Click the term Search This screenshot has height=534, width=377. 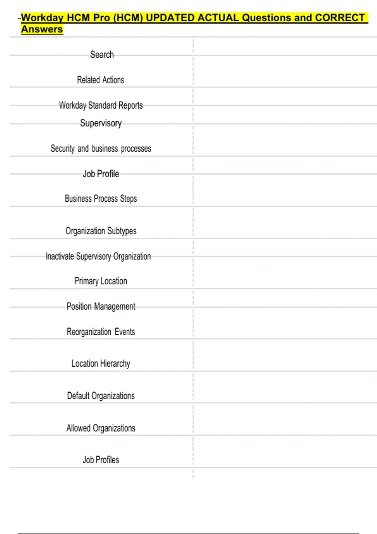(102, 55)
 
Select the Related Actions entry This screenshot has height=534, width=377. (101, 80)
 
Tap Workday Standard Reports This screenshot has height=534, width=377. (101, 105)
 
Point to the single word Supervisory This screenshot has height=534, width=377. (101, 123)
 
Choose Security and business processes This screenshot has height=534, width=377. (101, 149)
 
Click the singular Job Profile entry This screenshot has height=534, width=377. (101, 174)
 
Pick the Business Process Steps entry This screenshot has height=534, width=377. (101, 199)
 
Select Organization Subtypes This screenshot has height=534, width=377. (101, 231)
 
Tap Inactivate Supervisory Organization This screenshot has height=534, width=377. (98, 256)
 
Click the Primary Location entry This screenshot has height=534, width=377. (101, 281)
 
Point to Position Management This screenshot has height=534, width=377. (101, 307)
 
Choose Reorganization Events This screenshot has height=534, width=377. (101, 332)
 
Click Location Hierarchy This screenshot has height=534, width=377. (101, 364)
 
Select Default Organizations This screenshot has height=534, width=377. (101, 396)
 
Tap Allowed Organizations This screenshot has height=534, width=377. (101, 428)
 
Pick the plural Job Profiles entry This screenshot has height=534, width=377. (101, 460)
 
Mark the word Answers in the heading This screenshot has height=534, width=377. (42, 29)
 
